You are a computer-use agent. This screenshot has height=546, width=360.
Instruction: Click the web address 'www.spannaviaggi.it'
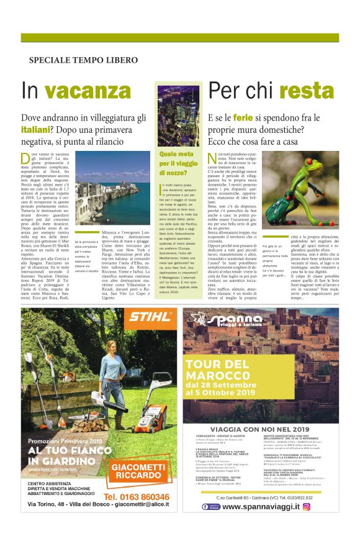(261, 506)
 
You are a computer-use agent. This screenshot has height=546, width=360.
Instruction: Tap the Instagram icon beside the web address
(306, 506)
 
